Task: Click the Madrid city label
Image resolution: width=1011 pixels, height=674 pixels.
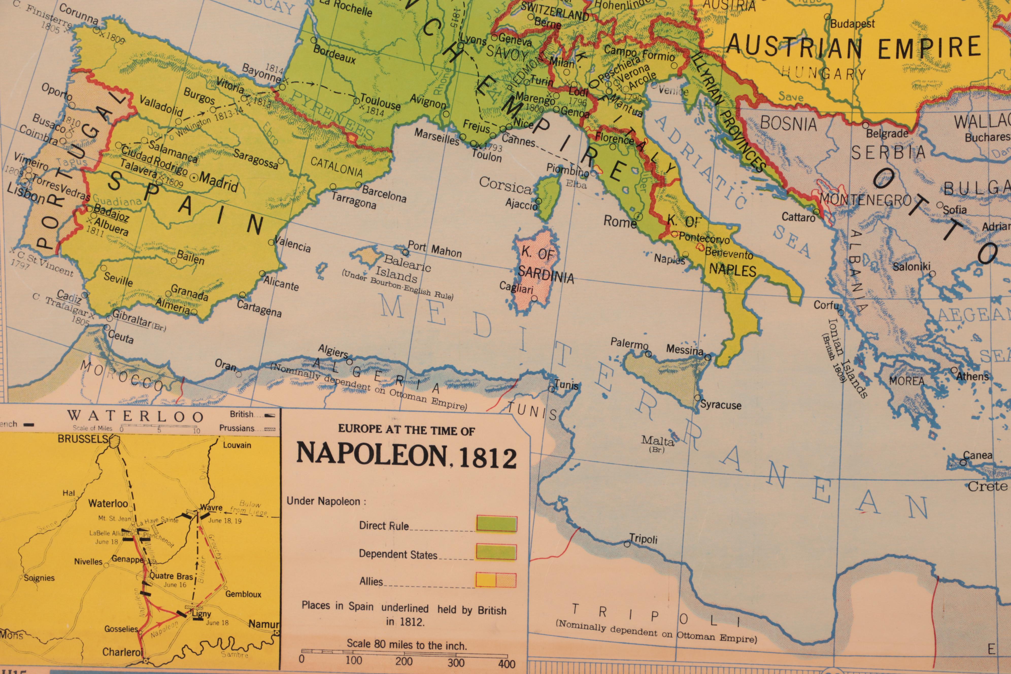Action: pos(218,182)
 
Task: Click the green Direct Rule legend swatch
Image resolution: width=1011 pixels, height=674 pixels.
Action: pos(496,524)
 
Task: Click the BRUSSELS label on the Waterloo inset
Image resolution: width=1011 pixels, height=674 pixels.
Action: pos(83,439)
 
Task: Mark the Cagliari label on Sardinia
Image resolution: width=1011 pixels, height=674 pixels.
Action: pos(516,287)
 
